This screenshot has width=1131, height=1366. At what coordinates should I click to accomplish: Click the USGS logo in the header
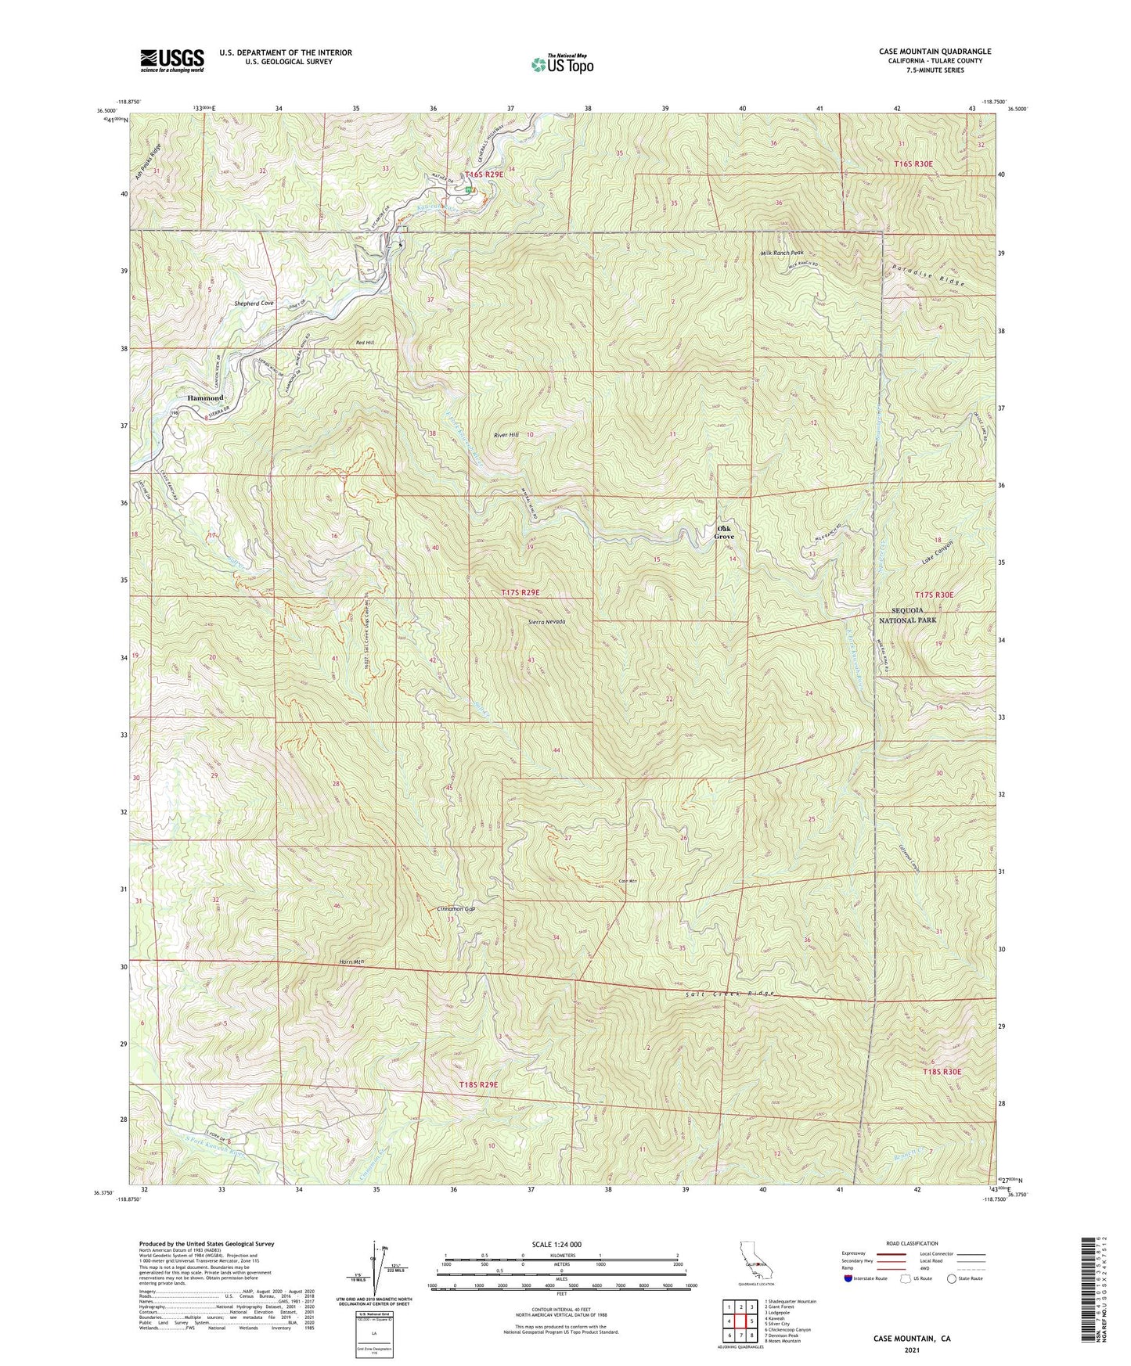[172, 60]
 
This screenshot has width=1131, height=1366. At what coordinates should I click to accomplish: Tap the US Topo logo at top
[562, 64]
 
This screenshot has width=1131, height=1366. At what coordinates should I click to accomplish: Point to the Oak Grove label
[725, 533]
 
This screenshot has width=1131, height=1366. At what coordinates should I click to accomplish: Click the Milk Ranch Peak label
[782, 253]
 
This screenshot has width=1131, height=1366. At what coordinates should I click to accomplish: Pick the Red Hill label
[365, 343]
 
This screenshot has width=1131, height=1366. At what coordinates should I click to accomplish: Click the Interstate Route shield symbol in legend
[850, 1278]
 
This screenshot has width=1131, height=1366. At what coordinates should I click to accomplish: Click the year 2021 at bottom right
[912, 1350]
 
